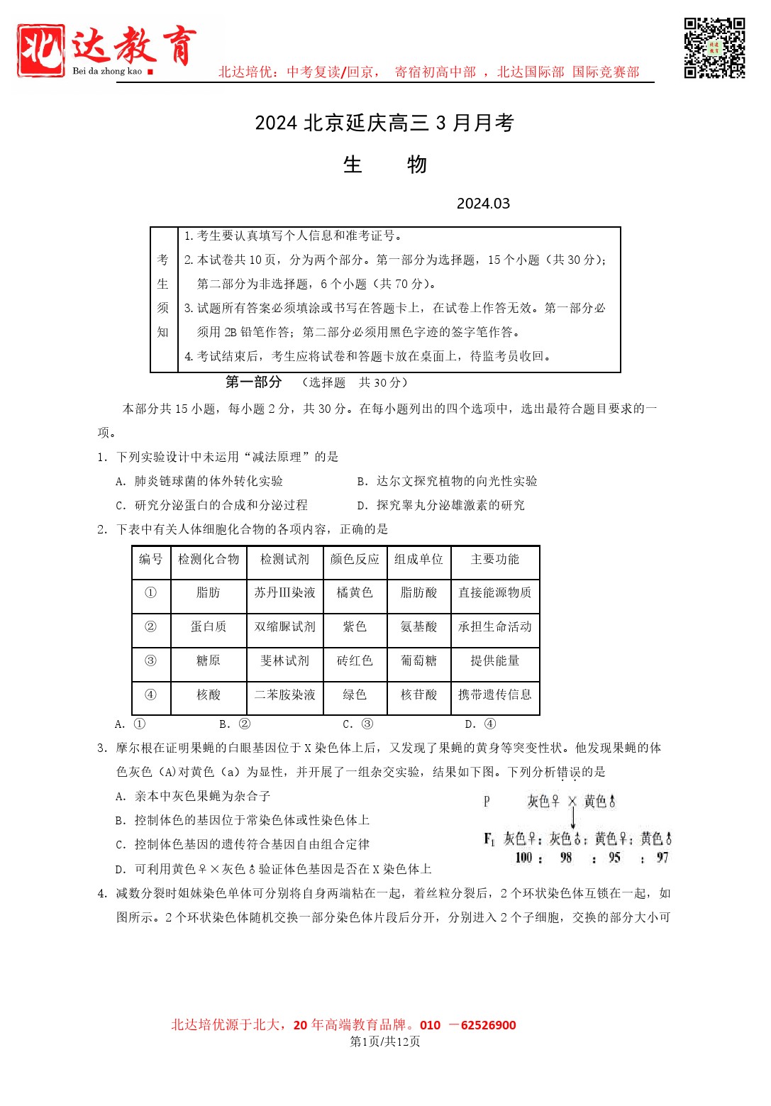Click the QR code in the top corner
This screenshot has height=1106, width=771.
(x=714, y=48)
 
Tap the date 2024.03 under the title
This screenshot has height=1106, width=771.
(x=483, y=204)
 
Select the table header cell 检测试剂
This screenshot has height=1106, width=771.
(x=284, y=560)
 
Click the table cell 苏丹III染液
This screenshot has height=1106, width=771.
(x=284, y=593)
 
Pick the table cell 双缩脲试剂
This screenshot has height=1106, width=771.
(x=284, y=627)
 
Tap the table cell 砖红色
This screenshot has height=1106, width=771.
(x=355, y=661)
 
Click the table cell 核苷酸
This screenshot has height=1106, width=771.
(x=418, y=695)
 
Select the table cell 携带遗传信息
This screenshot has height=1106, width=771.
(x=494, y=695)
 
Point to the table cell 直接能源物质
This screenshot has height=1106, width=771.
(x=494, y=593)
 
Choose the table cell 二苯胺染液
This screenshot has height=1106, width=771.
(x=284, y=695)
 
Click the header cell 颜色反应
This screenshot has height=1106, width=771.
(x=355, y=560)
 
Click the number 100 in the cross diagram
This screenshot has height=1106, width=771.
(x=523, y=858)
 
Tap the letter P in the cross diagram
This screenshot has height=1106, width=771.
(x=487, y=802)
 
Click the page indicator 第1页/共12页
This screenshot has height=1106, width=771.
(x=385, y=1041)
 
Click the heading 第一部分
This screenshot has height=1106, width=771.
(x=253, y=382)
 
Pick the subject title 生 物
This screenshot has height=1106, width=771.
(x=384, y=165)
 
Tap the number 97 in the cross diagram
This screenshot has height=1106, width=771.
(x=662, y=858)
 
